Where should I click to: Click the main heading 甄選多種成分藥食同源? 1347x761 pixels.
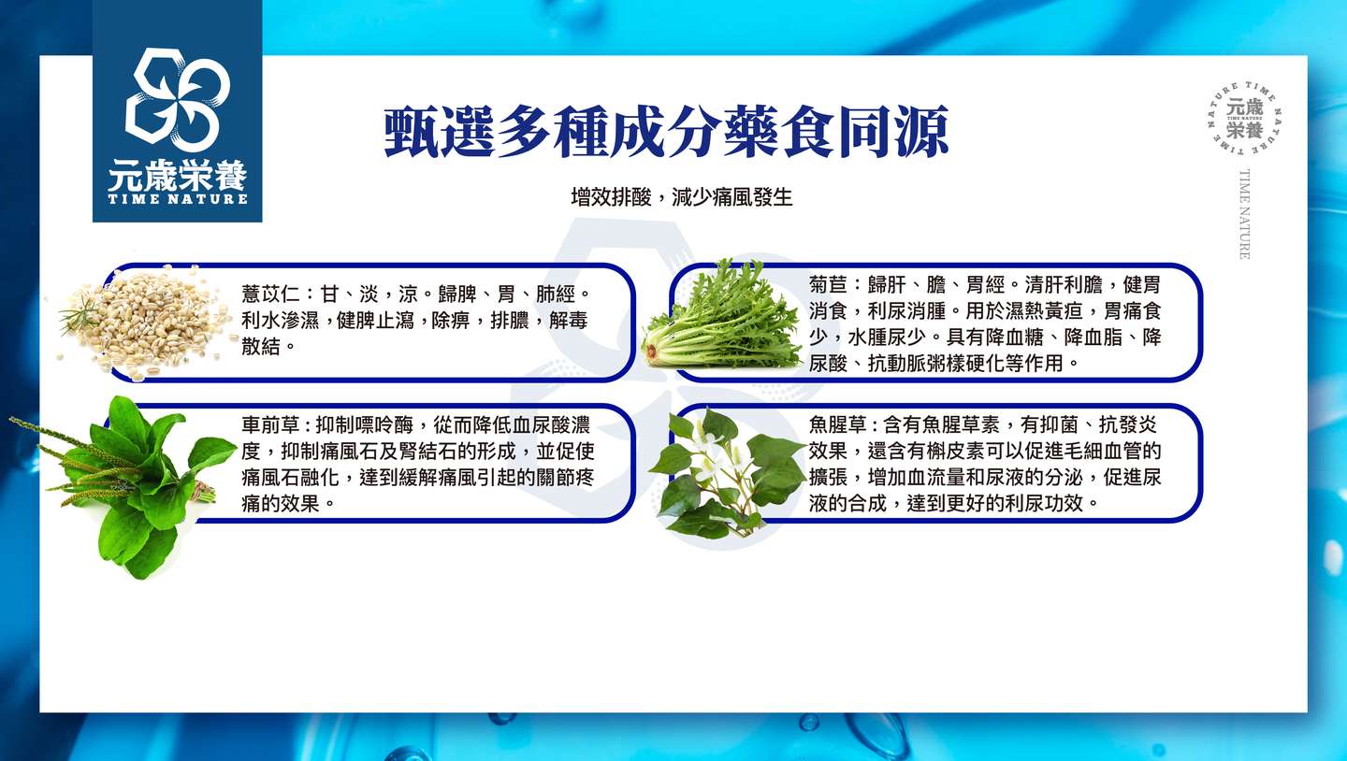pyautogui.click(x=666, y=132)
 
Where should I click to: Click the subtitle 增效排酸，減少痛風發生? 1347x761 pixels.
pyautogui.click(x=682, y=196)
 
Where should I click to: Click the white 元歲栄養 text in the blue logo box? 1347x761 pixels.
pyautogui.click(x=178, y=176)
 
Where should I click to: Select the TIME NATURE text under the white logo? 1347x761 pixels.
pyautogui.click(x=178, y=199)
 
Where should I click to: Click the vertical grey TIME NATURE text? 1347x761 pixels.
pyautogui.click(x=1244, y=214)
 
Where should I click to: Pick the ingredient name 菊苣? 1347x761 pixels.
pyautogui.click(x=828, y=284)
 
